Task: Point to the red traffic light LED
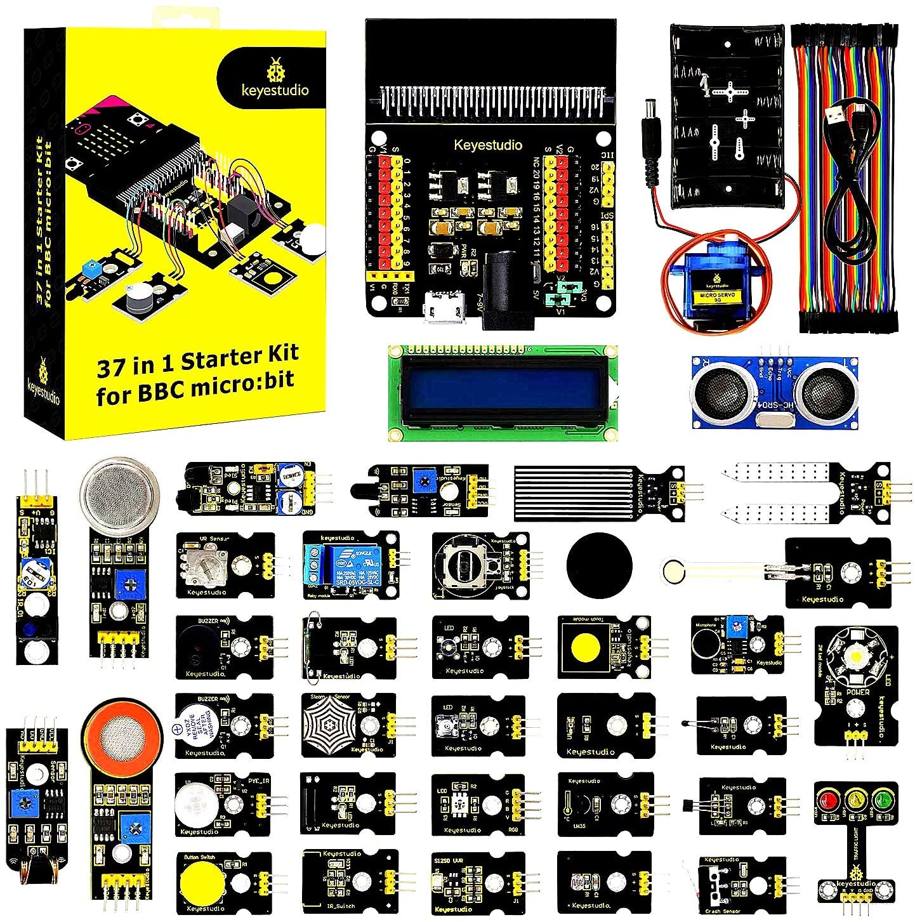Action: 827,798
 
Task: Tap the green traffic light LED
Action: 883,798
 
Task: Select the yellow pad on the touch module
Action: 587,646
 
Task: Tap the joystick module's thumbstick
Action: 467,563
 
